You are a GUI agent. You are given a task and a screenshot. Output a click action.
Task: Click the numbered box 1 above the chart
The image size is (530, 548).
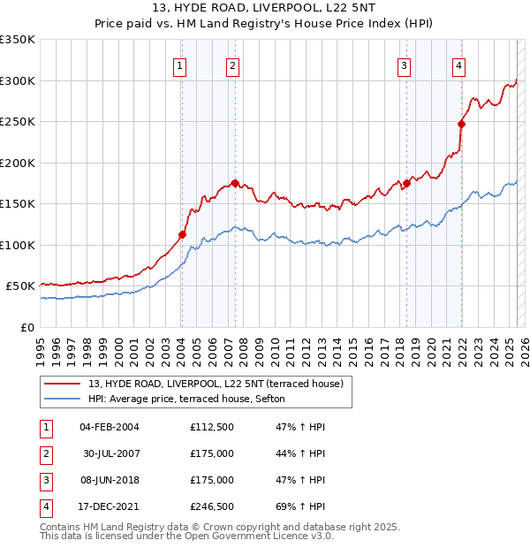[180, 65]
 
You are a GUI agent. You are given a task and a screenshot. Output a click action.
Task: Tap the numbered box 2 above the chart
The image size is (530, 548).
[231, 65]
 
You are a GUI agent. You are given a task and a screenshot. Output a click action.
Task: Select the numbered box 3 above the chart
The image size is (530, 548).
[404, 65]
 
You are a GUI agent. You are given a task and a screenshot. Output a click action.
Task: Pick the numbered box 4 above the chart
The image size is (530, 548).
[459, 65]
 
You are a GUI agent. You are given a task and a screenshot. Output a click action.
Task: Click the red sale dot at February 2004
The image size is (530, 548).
[182, 234]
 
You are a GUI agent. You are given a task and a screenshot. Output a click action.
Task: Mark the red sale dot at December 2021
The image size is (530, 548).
[461, 124]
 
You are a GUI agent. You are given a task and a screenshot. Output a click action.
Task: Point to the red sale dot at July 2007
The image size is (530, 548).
[235, 183]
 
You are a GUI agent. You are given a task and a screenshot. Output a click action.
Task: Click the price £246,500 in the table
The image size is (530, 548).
[212, 506]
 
